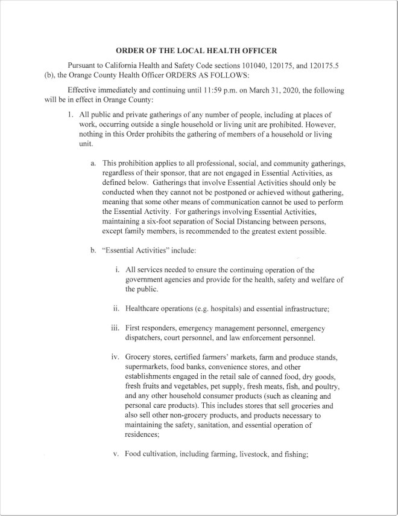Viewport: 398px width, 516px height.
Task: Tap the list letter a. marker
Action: coord(93,163)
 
